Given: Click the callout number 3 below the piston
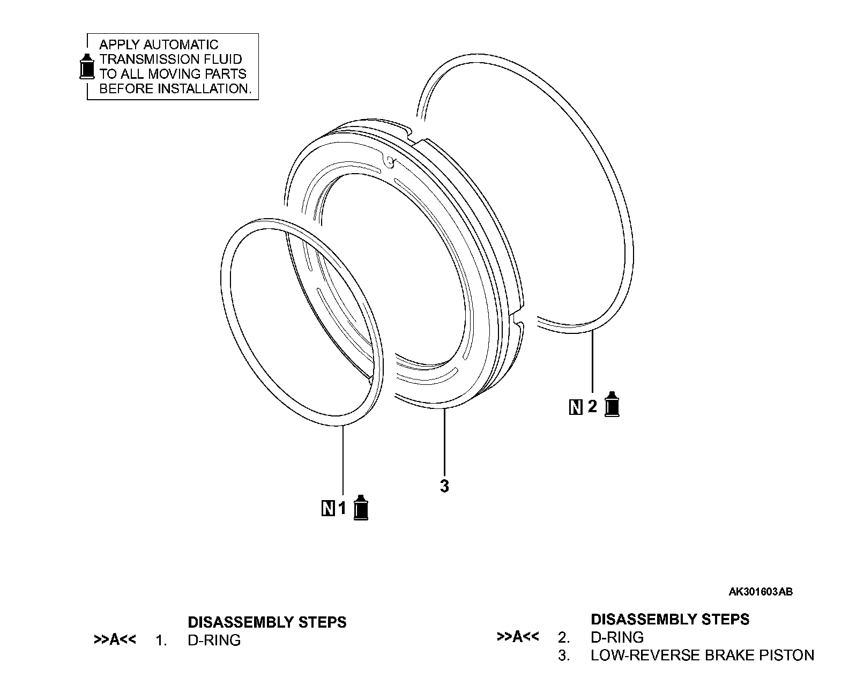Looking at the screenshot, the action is point(444,487).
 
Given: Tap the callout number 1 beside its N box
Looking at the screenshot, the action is point(342,508).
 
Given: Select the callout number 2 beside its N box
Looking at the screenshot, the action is point(592,407).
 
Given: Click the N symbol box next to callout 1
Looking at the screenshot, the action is point(327,508).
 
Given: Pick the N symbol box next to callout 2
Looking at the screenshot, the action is point(576,407).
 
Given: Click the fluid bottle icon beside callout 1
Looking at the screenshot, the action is point(362,507).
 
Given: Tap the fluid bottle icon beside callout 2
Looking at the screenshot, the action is point(612,405).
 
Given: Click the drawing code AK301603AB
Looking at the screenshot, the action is point(761,592).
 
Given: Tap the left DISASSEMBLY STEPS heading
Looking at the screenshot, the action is point(267,622).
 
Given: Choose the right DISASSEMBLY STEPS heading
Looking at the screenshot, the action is point(670,619).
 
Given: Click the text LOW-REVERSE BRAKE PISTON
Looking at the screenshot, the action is point(702,655).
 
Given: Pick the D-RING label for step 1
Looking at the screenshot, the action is point(214,640).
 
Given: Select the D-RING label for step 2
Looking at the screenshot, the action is point(617,637).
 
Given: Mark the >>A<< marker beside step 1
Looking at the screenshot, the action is point(115,639).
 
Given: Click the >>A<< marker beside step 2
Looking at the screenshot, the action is point(518,637).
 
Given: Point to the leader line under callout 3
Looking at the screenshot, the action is point(444,442).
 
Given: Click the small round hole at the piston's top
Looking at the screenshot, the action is point(390,160).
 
